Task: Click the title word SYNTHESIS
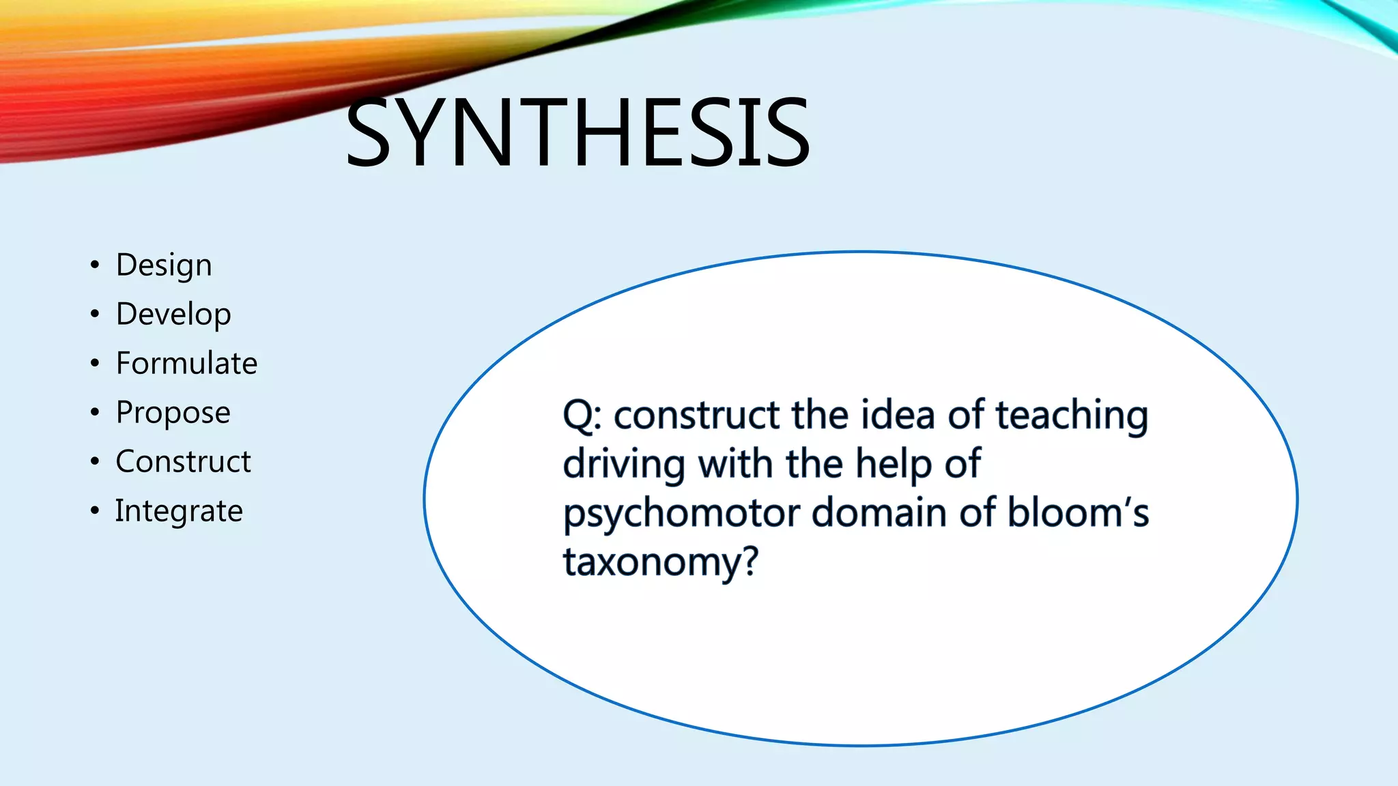tap(577, 132)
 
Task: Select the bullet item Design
tap(164, 265)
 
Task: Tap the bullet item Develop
tap(173, 315)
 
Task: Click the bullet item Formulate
tap(186, 363)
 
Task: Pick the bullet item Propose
tap(173, 413)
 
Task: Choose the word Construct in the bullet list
tap(183, 462)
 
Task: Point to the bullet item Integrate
tap(178, 511)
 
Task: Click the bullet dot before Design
tap(95, 265)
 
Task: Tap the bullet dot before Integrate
tap(95, 510)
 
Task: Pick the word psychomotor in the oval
tap(681, 513)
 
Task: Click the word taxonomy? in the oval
tap(660, 562)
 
